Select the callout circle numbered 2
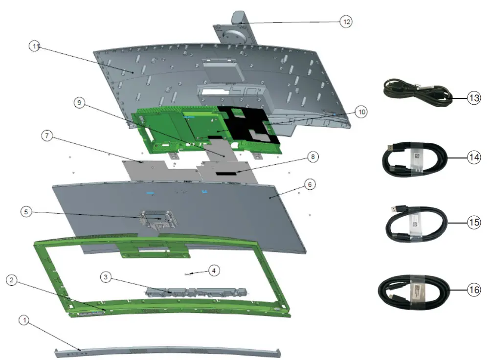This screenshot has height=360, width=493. tap(13, 280)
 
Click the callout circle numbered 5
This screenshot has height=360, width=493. tap(27, 212)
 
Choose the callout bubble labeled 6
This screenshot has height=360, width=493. tap(309, 184)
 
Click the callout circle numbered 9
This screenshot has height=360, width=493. tap(80, 103)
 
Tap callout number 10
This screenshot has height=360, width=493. tap(361, 112)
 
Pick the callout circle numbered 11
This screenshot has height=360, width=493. tap(35, 46)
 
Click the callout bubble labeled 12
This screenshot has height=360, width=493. tap(346, 22)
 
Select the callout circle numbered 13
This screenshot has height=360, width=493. tap(474, 98)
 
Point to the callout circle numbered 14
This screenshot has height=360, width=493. tap(474, 158)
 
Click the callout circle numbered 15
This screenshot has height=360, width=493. tap(474, 223)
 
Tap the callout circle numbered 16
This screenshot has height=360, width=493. tap(474, 290)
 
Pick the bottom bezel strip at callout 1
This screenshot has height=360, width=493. tap(166, 351)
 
